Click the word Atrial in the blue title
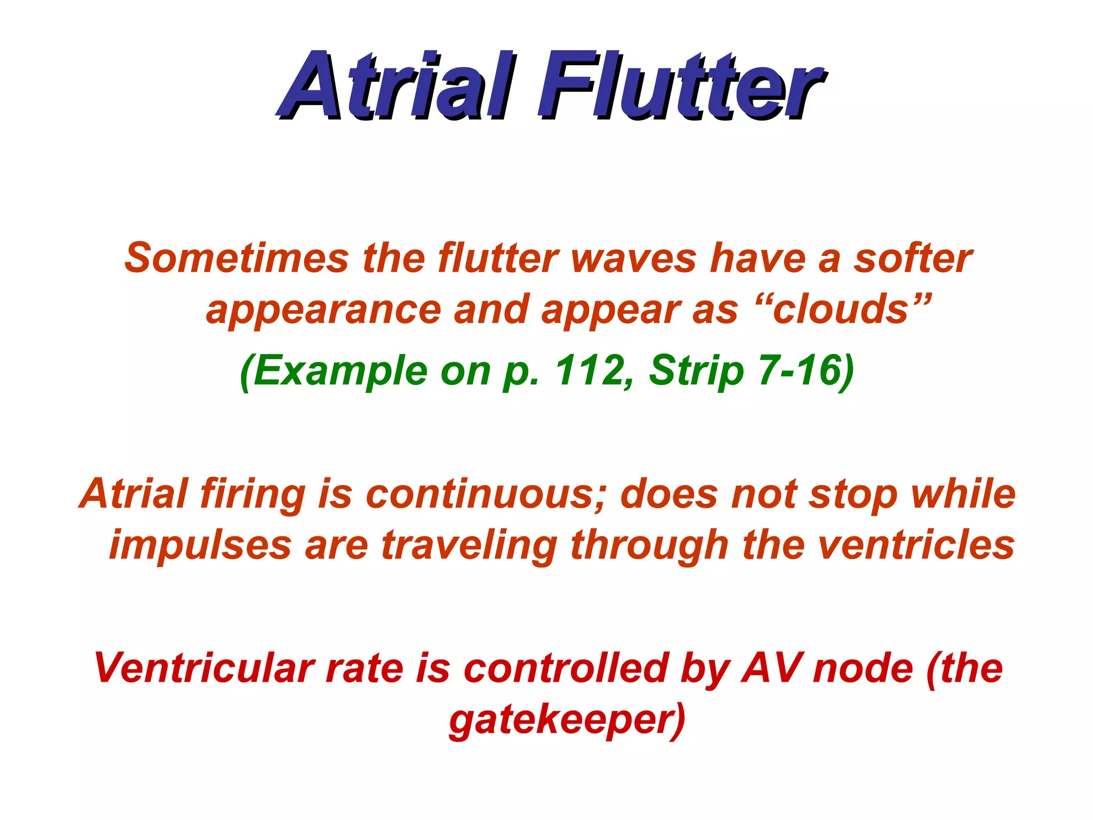click(392, 85)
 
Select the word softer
click(913, 258)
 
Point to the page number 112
click(590, 370)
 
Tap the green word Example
click(338, 372)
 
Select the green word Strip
click(696, 372)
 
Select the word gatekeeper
click(566, 721)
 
